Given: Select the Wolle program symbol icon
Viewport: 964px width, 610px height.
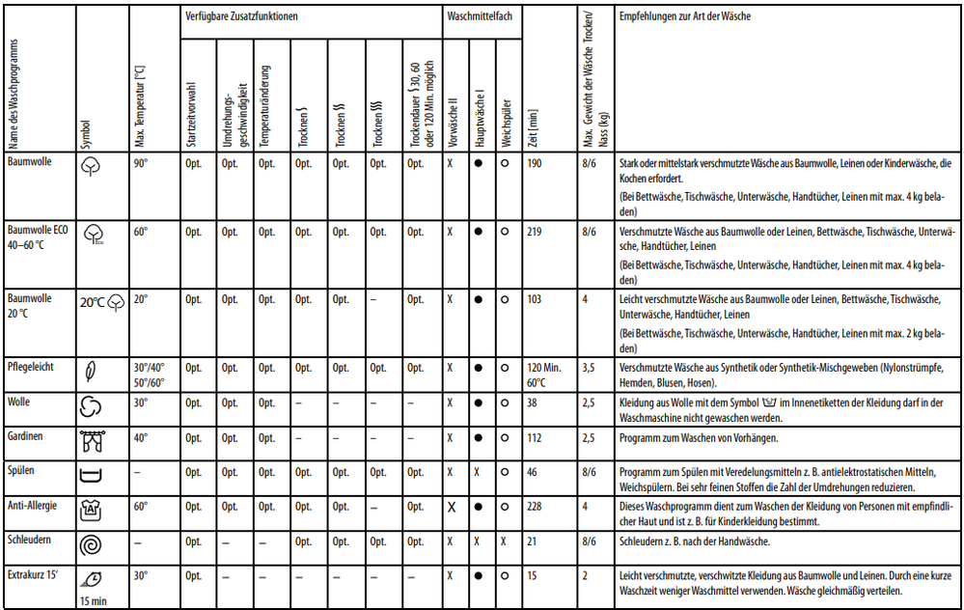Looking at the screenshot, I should coord(90,407).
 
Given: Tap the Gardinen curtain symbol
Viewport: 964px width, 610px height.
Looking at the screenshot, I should coord(90,442).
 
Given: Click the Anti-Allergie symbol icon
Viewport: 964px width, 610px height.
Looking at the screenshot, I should coord(90,510).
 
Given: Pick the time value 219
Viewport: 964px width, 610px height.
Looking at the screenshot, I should coord(535,232).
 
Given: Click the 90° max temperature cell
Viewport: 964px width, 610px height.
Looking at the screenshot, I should coord(141,164).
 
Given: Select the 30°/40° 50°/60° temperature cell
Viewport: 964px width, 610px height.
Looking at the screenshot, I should coord(150,374).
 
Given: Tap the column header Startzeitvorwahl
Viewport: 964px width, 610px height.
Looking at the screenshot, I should coord(191,114).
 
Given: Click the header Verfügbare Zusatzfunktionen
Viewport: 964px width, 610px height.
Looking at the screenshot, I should coord(240,17).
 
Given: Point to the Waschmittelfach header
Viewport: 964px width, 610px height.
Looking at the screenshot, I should coord(479,17).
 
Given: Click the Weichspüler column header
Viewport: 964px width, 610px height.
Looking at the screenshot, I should coord(505,124).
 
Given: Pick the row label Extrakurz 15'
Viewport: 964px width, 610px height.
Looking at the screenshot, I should coord(35,575).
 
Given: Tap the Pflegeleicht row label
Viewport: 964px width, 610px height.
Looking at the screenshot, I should coord(31,367).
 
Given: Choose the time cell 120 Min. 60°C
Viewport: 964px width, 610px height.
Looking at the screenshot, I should coord(545,374).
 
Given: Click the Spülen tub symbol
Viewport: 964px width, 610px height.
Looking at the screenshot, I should coord(90,476).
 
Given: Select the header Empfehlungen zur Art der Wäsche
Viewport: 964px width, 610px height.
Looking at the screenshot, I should coord(685,17).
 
